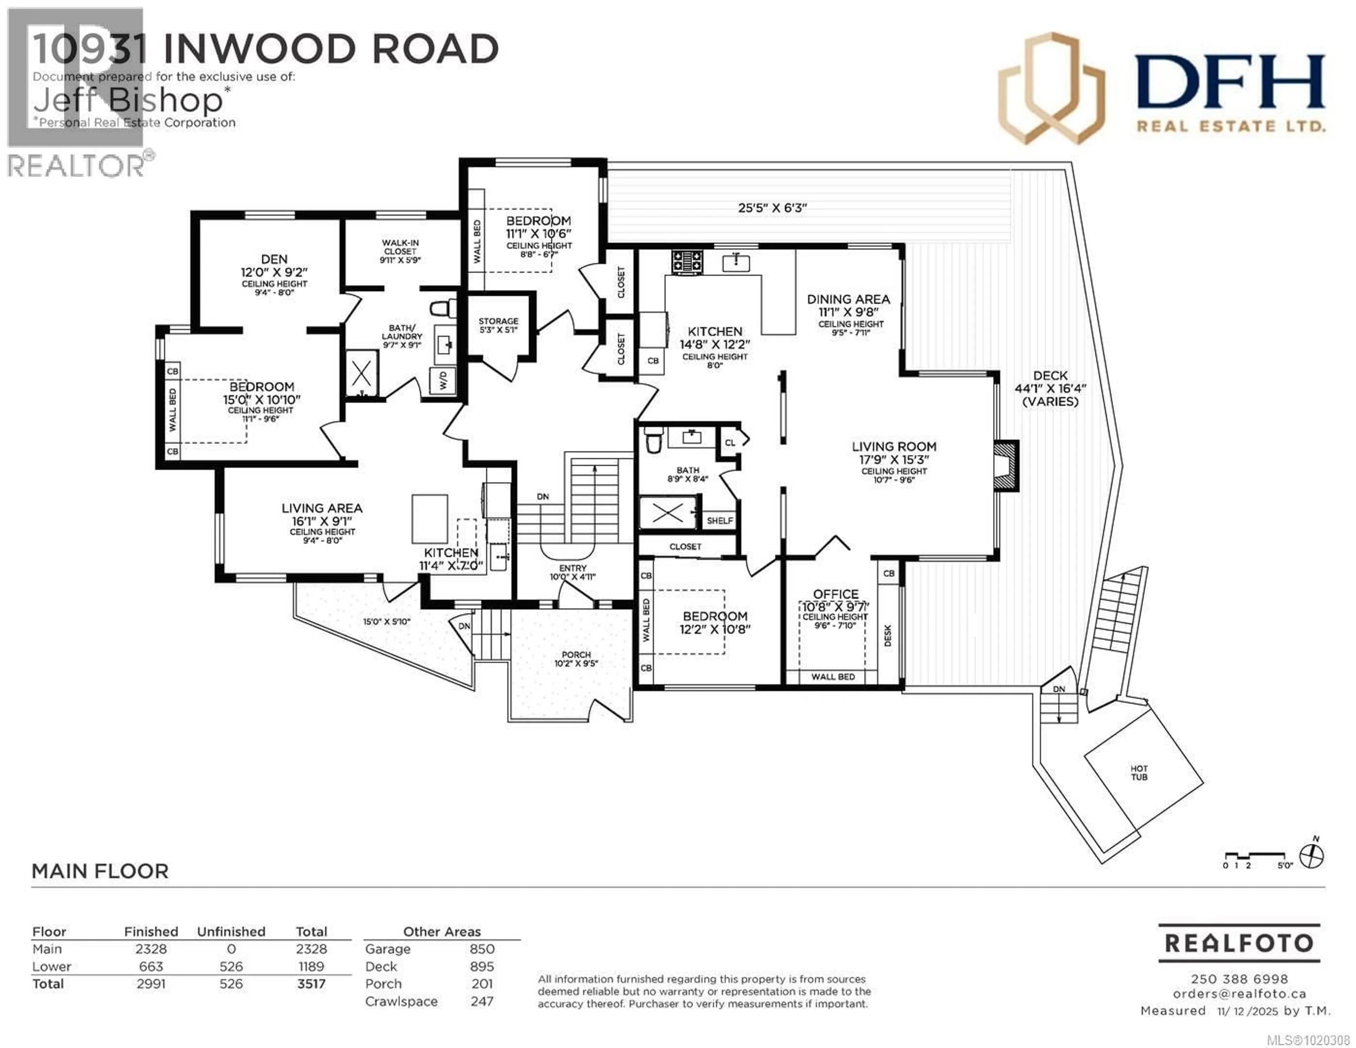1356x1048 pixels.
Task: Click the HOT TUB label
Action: [1139, 772]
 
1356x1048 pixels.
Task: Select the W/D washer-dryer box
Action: [443, 380]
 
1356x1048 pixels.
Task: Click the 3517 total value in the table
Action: [311, 983]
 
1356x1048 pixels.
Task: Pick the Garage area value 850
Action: [482, 949]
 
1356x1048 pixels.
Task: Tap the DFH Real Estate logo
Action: [1161, 90]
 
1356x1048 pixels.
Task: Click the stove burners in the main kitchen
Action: [687, 261]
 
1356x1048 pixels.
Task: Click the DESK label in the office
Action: [887, 635]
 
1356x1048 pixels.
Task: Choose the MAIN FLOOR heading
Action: [100, 871]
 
